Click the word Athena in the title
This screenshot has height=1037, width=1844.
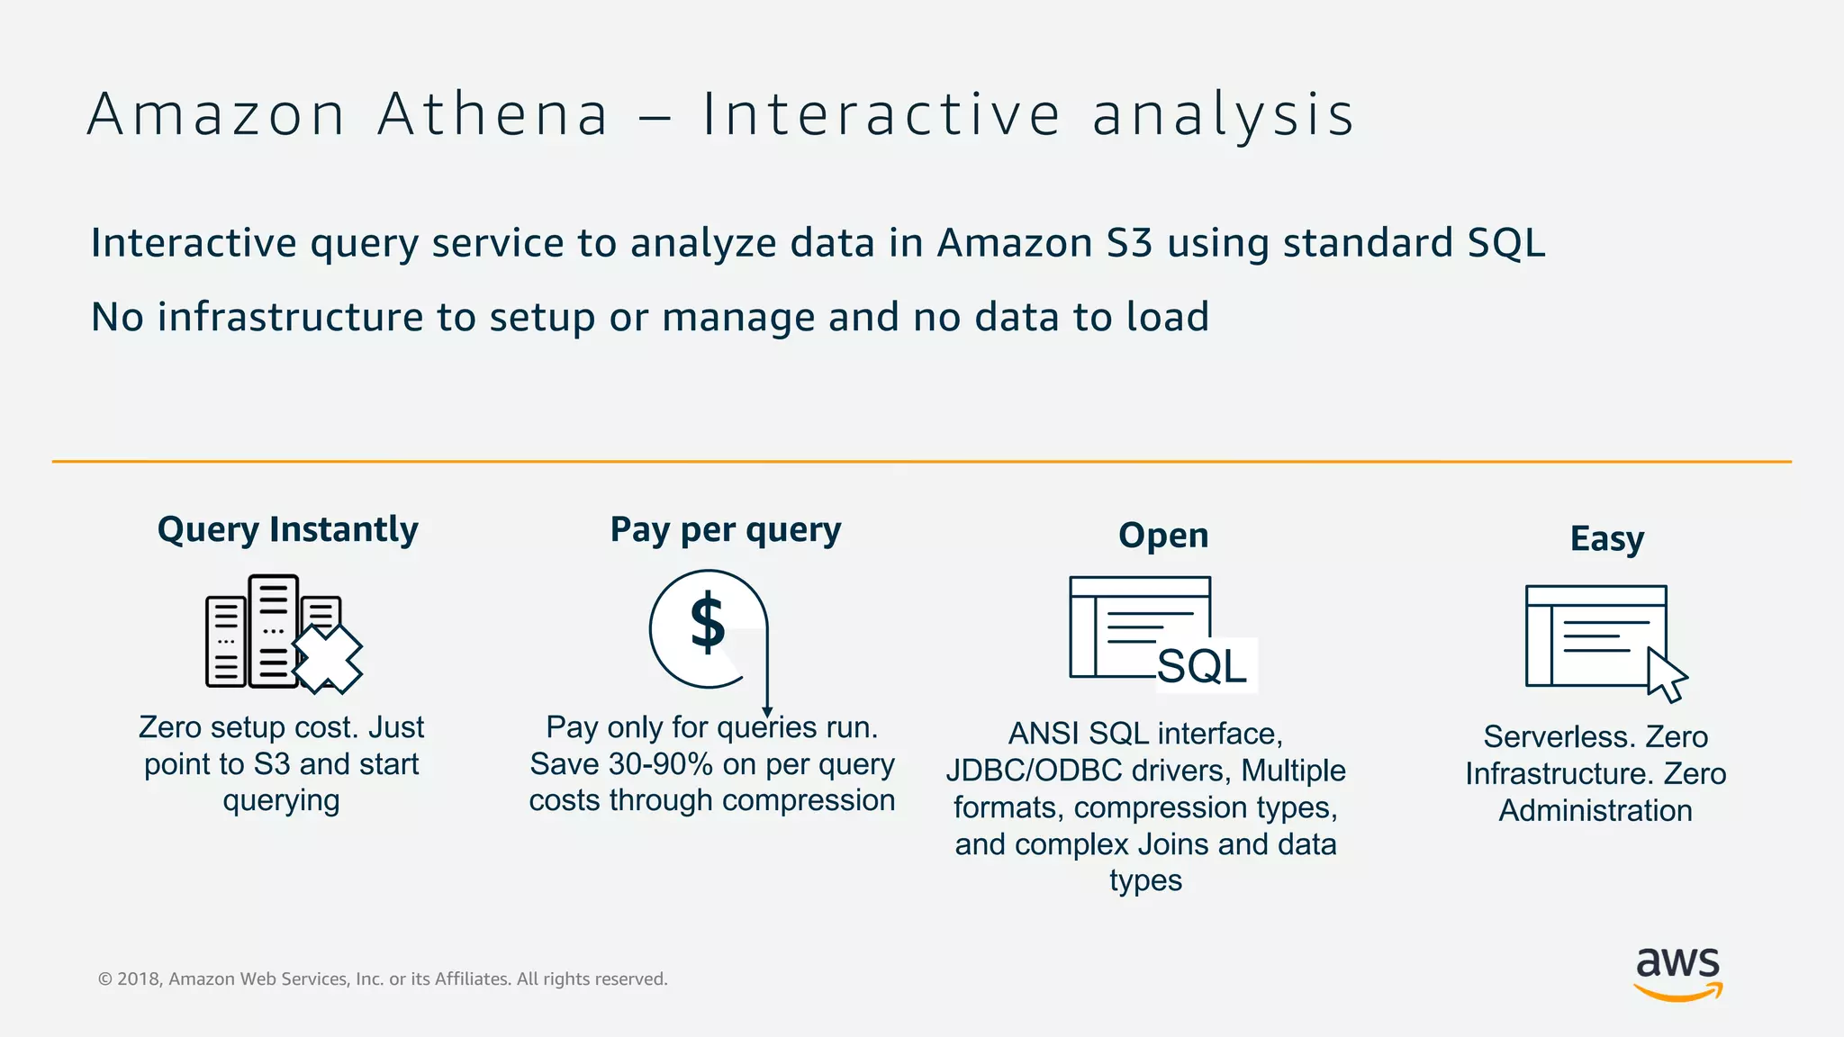coord(493,115)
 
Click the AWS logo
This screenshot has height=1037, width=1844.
coord(1677,973)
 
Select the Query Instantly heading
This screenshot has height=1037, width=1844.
coord(287,529)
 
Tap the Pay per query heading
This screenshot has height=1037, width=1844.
coord(726,529)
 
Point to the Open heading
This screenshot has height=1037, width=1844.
coord(1163,536)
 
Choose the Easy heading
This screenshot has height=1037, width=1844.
coord(1607,539)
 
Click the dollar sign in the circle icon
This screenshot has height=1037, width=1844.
coord(708,623)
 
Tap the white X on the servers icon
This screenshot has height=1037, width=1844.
coord(327,659)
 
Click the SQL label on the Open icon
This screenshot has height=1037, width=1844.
coord(1202,667)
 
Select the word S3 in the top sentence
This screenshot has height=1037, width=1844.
coord(1129,243)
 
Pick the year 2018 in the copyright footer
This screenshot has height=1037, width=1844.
coord(139,979)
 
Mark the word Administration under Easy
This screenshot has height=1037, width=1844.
coord(1595,811)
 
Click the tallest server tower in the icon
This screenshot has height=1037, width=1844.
coord(273,630)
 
